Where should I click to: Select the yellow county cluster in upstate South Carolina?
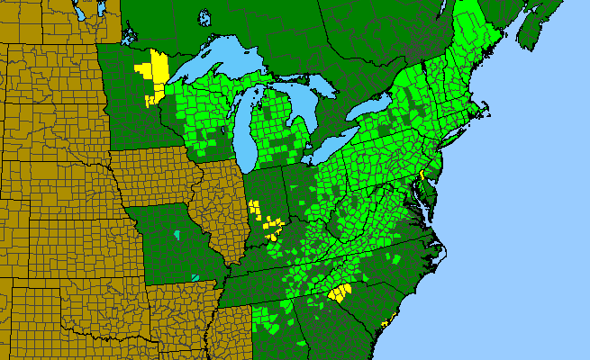point(340,292)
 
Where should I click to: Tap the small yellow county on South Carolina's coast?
point(385,321)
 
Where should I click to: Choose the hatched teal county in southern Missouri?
point(197,275)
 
